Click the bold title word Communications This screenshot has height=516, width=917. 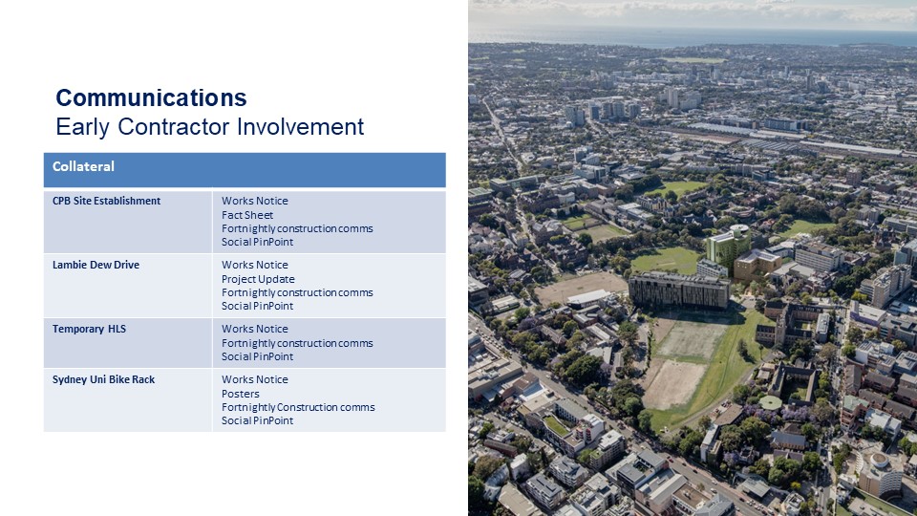point(151,97)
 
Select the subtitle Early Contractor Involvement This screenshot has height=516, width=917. point(209,127)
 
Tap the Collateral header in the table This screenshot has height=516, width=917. point(83,166)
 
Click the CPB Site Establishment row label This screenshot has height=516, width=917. point(106,201)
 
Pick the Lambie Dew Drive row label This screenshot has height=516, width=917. point(96,265)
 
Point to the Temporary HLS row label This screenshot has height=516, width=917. point(89,329)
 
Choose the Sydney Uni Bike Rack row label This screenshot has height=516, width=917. point(103,379)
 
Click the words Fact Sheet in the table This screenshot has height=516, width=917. point(246,215)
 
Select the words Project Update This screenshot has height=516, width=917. point(258,279)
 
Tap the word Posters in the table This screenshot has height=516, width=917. point(240,394)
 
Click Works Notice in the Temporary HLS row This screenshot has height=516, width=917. point(254,329)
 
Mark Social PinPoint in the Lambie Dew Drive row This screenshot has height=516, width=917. point(257,306)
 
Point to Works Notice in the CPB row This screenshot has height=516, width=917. point(254,201)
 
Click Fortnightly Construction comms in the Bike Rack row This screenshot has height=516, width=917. point(298,407)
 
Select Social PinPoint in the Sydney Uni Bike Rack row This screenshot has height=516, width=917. point(257,420)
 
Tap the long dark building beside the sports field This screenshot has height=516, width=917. point(678,290)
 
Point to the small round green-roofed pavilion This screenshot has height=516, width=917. point(770,402)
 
